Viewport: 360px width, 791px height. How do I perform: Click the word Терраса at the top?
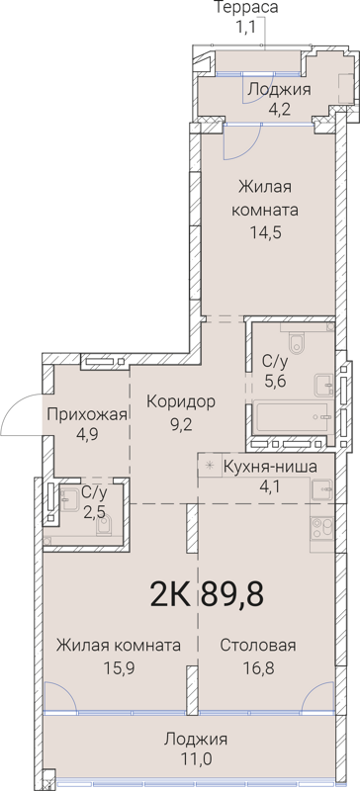coord(245,9)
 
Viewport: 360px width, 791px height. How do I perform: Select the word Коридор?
coord(181,401)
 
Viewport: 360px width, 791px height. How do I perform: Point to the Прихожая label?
coord(87,414)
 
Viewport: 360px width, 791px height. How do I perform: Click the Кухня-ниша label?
coord(264,467)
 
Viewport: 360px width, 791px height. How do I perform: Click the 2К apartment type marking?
coord(171,596)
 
